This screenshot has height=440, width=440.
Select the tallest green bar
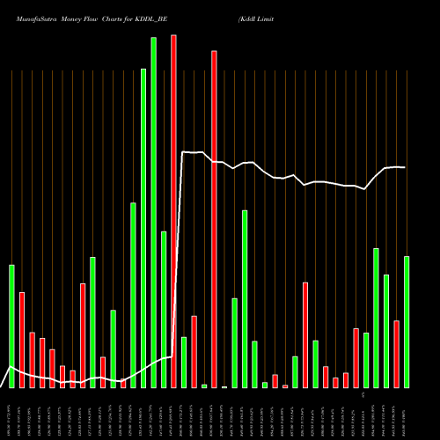click(x=153, y=211)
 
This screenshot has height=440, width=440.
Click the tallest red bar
click(x=173, y=211)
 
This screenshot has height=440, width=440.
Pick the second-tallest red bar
click(x=214, y=220)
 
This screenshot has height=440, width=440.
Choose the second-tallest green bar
click(x=143, y=229)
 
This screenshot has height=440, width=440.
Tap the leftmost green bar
click(x=11, y=326)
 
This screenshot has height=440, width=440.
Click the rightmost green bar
click(x=407, y=322)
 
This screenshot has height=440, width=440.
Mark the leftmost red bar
click(x=22, y=340)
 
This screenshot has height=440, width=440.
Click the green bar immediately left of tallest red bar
click(x=164, y=309)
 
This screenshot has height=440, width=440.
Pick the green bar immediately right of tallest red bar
click(x=184, y=362)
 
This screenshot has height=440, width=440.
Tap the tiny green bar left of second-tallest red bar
click(x=204, y=385)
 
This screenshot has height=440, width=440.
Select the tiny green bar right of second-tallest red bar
click(x=224, y=386)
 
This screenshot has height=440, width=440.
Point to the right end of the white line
click(x=405, y=167)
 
